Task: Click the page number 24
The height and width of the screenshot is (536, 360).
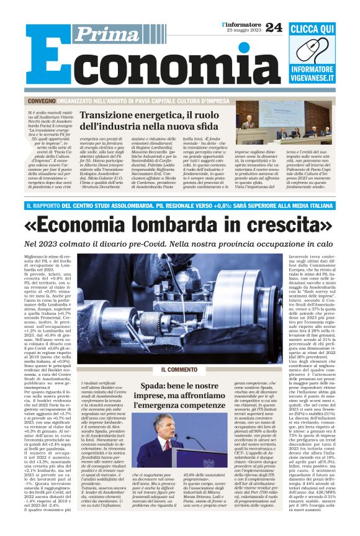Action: pos(273,27)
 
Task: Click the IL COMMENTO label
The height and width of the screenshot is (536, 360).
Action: pos(179,368)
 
